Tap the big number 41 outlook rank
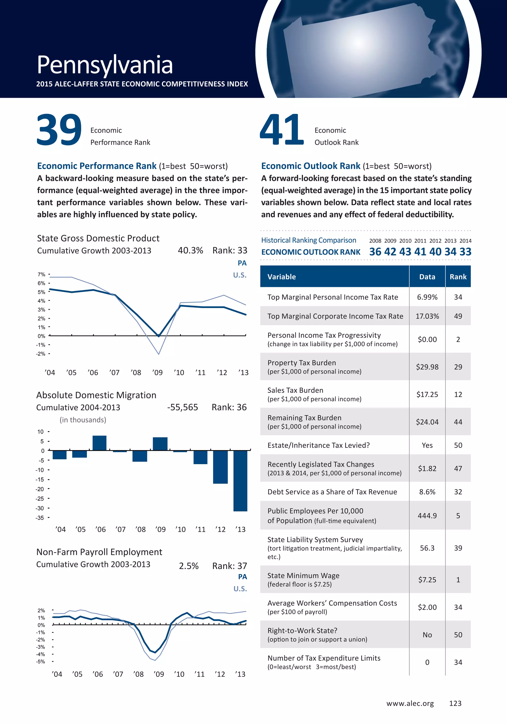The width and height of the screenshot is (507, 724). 281,130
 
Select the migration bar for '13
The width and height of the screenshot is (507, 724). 240,481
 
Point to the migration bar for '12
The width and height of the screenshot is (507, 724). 220,467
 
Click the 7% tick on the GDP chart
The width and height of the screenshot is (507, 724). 42,275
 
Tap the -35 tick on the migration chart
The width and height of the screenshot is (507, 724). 40,518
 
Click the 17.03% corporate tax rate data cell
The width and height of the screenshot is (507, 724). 427,316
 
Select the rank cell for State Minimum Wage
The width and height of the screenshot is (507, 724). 458,579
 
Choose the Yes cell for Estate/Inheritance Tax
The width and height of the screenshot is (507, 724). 427,445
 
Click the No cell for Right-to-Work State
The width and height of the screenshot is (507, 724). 427,635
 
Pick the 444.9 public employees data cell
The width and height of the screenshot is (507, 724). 427,516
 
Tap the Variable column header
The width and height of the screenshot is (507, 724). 282,277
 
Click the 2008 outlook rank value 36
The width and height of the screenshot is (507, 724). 375,252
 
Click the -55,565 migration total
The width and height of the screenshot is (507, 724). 183,407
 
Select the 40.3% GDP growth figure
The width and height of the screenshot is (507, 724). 190,250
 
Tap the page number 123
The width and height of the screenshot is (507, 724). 455,703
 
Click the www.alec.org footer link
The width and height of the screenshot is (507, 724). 410,703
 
